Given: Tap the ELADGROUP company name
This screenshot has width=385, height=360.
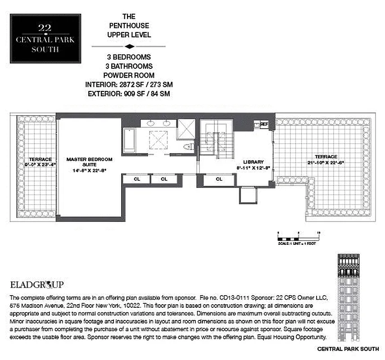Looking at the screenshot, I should tap(36, 284).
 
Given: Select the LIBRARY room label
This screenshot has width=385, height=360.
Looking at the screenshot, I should tap(253, 162).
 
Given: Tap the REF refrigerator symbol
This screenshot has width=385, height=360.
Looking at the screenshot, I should tap(263, 124).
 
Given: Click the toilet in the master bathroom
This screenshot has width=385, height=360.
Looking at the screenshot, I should tap(189, 146).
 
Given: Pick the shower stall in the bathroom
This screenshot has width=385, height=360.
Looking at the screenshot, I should tap(186, 128).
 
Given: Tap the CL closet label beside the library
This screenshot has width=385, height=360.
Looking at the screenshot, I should tap(219, 179).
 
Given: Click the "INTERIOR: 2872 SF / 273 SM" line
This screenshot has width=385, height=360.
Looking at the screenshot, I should tap(129, 84).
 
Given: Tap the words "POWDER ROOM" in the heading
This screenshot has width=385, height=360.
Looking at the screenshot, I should tap(129, 75).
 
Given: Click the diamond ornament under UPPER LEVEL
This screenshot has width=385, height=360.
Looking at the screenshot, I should tap(129, 46).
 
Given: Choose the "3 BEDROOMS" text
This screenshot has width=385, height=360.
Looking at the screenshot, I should tap(129, 57).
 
